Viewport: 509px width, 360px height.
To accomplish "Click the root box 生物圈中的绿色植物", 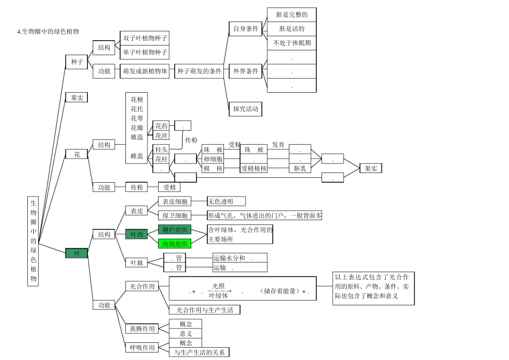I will [x=33, y=241].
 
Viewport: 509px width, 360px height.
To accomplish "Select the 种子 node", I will [x=77, y=62].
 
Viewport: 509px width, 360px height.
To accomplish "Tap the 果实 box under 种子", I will [x=77, y=97].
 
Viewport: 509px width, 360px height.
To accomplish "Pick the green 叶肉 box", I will [x=137, y=234].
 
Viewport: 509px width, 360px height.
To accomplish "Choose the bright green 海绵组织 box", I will [x=175, y=244].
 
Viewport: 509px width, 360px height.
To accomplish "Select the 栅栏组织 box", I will [x=175, y=229].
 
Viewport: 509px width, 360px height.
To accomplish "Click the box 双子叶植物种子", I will [x=145, y=38].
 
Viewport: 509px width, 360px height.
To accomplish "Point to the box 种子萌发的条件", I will [x=199, y=71].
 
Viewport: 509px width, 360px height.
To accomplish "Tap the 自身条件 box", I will [x=246, y=29].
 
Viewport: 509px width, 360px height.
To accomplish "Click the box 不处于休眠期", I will [x=291, y=43].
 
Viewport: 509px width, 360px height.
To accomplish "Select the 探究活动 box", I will [x=245, y=109].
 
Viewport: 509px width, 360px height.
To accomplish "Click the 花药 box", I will [x=161, y=126].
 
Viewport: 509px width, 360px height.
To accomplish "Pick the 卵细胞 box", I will [x=213, y=159].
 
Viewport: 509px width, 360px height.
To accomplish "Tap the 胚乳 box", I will [x=300, y=168].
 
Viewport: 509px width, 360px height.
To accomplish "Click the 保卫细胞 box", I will [x=175, y=215].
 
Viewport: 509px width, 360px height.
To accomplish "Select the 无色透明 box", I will [x=226, y=201].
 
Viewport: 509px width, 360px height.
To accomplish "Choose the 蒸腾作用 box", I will [x=141, y=328].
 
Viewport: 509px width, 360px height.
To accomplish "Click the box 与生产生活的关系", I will [x=199, y=352].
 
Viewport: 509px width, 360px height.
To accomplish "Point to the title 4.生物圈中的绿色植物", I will [x=48, y=32].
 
